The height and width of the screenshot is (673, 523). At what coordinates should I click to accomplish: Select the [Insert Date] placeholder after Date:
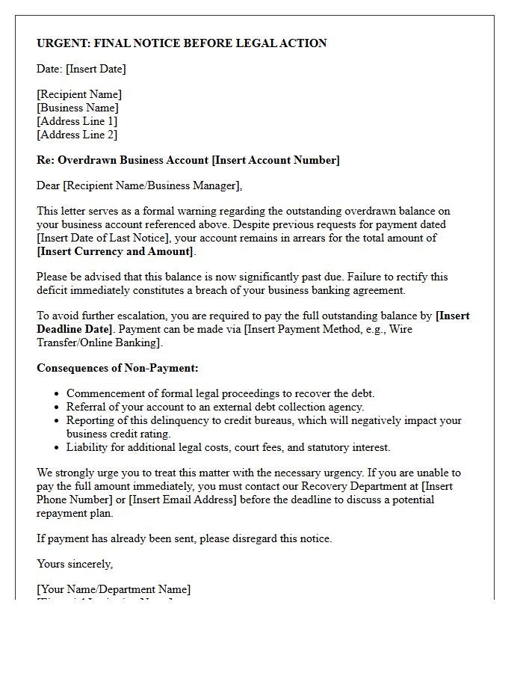pyautogui.click(x=96, y=69)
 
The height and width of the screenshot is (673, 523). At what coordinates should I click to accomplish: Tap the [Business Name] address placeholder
pyautogui.click(x=78, y=108)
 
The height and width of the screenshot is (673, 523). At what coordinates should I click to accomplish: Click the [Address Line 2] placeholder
pyautogui.click(x=77, y=135)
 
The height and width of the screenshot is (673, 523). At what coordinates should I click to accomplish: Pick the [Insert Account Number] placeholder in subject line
pyautogui.click(x=276, y=160)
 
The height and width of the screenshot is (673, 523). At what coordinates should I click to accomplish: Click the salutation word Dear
pyautogui.click(x=49, y=185)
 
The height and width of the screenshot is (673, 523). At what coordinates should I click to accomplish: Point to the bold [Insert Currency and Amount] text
pyautogui.click(x=116, y=251)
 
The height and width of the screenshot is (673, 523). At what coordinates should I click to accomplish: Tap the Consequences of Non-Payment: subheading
pyautogui.click(x=117, y=368)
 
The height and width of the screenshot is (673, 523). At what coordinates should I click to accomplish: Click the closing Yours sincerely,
pyautogui.click(x=75, y=564)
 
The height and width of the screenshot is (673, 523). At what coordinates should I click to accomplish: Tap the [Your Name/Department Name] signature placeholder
pyautogui.click(x=114, y=589)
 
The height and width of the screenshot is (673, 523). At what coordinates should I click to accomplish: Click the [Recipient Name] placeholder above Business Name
pyautogui.click(x=79, y=94)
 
